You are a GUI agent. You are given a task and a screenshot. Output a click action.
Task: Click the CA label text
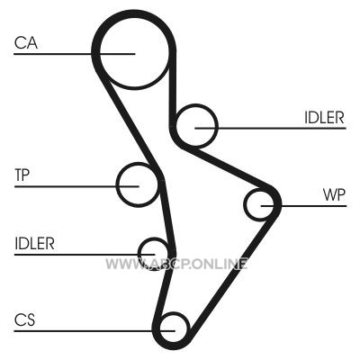(x=26, y=42)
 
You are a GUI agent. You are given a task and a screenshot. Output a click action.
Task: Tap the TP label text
(x=22, y=175)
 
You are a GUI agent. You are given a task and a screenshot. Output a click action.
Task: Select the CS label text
(x=24, y=319)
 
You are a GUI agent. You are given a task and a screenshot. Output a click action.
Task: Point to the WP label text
(x=334, y=195)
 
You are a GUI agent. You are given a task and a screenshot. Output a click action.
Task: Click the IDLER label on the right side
(x=324, y=117)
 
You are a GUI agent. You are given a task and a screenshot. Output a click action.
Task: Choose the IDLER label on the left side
(x=34, y=244)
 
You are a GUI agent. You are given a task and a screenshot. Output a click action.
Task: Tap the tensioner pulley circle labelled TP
(x=116, y=184)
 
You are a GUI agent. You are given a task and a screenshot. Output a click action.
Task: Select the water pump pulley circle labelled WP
(x=245, y=205)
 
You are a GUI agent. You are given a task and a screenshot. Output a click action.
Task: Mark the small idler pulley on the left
(x=139, y=253)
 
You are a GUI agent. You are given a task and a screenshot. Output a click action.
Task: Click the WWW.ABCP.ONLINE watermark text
(x=176, y=264)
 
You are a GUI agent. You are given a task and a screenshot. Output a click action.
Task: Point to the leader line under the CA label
(x=75, y=54)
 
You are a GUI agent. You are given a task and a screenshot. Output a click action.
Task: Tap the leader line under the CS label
(x=94, y=331)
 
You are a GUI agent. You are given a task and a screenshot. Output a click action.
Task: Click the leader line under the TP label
(x=76, y=186)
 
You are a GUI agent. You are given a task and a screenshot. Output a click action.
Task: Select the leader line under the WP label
(x=303, y=206)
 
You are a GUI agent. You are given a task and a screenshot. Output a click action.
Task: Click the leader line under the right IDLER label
(x=271, y=128)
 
